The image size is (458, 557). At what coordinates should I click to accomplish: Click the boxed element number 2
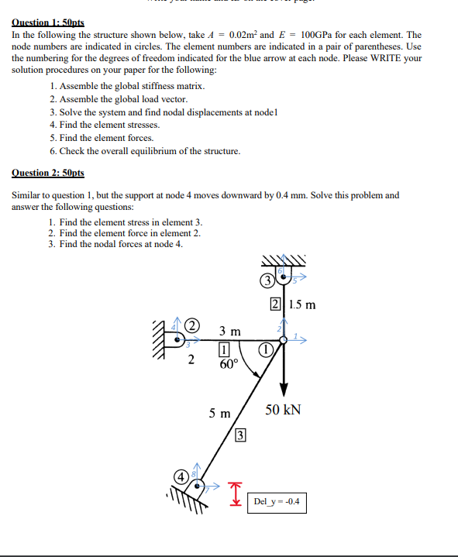276,304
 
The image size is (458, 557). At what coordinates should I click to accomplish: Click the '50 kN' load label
284,409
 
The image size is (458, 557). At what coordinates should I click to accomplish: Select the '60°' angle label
228,365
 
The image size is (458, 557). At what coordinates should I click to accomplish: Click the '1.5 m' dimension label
301,304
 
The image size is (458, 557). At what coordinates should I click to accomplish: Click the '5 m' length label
219,413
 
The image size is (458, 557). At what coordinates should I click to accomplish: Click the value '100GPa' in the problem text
321,35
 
